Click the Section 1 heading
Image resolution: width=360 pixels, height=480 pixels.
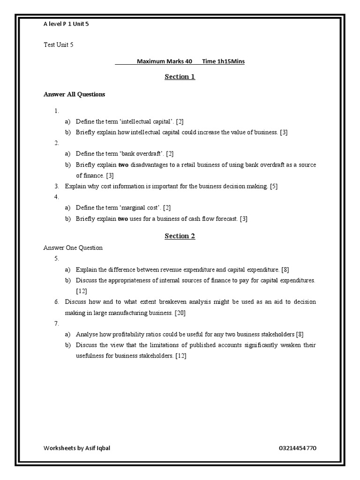pos(180,77)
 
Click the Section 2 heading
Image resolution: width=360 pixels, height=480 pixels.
pos(180,236)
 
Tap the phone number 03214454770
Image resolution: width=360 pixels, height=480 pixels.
pos(297,448)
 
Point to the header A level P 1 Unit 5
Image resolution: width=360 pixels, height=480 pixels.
pos(66,23)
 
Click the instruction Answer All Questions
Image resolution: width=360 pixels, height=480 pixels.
pos(74,94)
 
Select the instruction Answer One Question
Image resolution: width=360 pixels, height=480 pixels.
pos(73,247)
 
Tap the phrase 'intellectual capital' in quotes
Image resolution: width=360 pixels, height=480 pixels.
pos(141,121)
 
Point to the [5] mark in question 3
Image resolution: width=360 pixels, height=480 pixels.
pos(274,186)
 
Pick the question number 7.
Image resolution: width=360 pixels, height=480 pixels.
pos(56,323)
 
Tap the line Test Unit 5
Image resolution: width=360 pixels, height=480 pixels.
pos(58,45)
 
